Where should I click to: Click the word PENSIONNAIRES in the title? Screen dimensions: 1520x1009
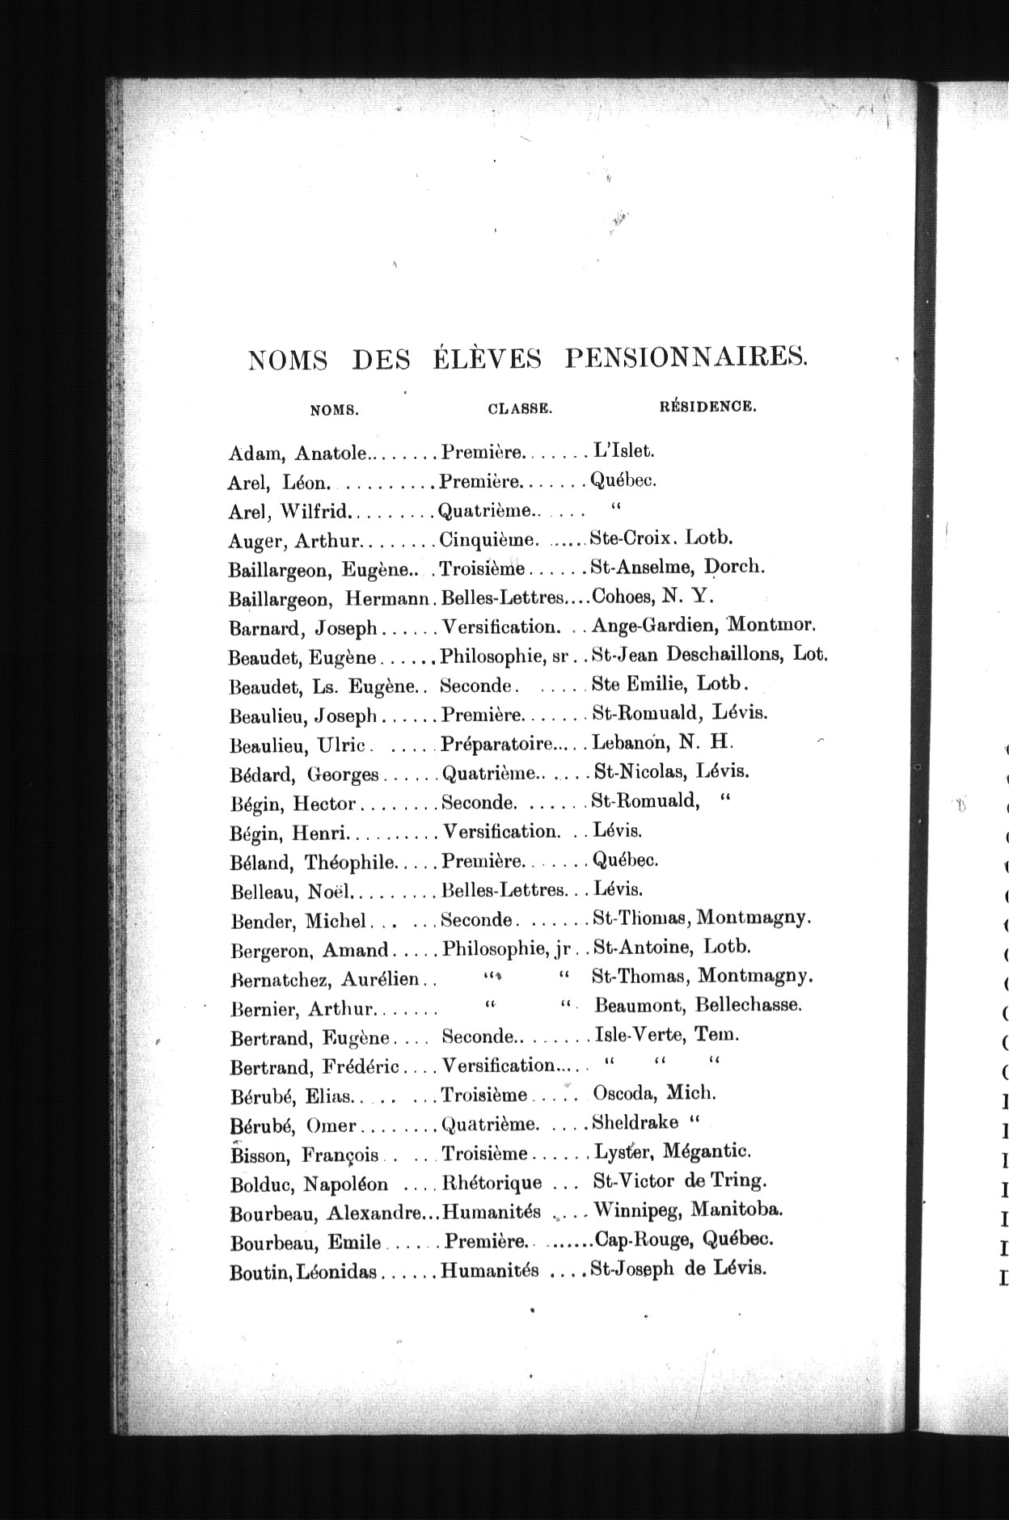[x=686, y=357]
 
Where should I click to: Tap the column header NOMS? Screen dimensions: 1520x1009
[x=334, y=410]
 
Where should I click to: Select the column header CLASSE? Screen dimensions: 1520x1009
[x=520, y=409]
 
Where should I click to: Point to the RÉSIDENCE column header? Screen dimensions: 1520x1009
[x=708, y=407]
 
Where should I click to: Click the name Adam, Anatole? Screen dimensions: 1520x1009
[x=298, y=454]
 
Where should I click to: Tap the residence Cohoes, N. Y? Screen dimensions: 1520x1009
[x=652, y=597]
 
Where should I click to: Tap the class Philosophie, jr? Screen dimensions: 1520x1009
[x=503, y=947]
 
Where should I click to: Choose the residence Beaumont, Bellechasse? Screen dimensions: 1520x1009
[x=698, y=1005]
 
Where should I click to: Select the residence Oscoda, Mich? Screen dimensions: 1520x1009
[x=654, y=1093]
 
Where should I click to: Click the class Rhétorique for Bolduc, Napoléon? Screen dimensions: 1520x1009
[x=492, y=1183]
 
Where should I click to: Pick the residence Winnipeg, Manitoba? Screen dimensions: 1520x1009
[x=687, y=1210]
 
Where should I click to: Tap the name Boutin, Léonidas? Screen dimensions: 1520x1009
[x=303, y=1272]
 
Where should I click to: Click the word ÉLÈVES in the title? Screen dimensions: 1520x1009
[x=483, y=358]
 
